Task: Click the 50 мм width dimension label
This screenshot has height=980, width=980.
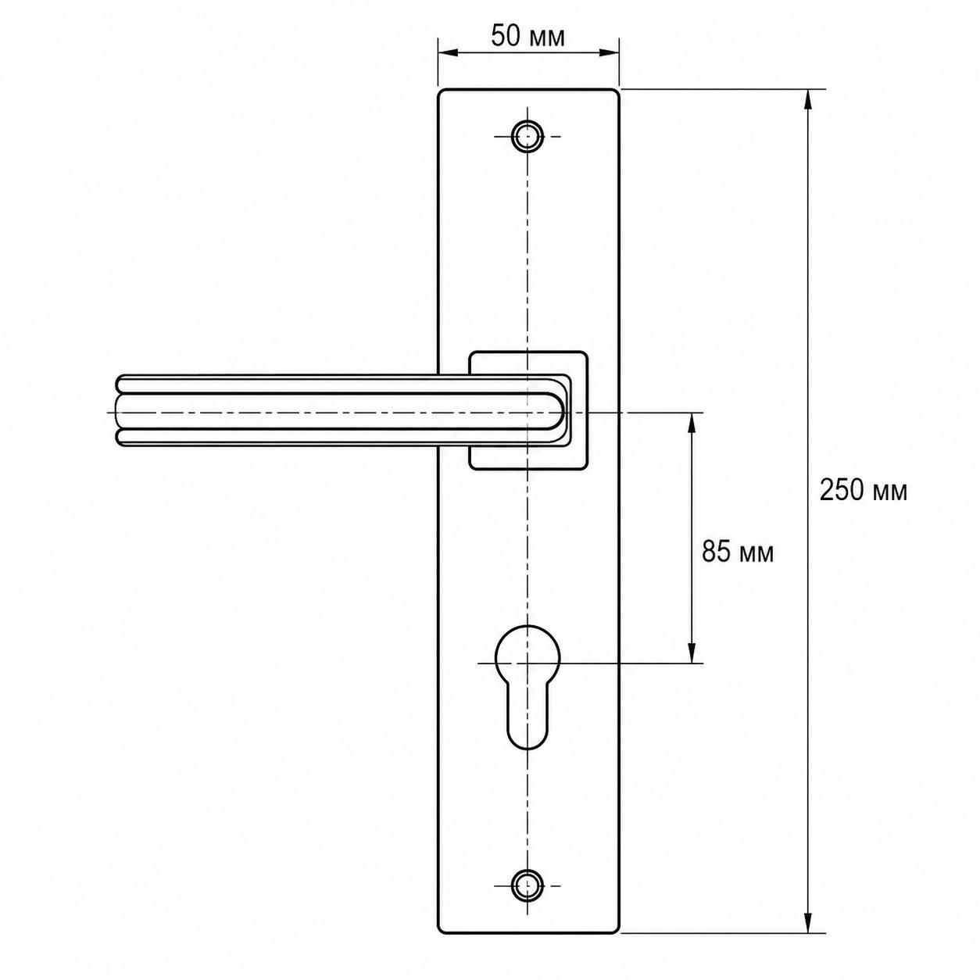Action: [528, 37]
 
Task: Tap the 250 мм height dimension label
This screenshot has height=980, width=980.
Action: [863, 491]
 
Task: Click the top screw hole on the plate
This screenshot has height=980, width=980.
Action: [528, 136]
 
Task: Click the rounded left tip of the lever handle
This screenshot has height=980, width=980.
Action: [119, 412]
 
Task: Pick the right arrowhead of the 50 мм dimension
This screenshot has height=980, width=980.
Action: [610, 52]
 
